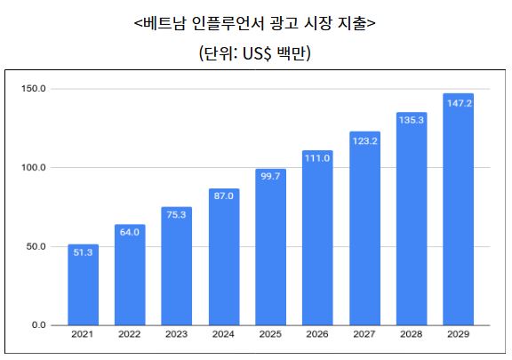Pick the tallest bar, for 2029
tap(458, 209)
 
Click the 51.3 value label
tap(83, 252)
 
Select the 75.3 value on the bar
tap(176, 214)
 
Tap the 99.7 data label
tap(270, 176)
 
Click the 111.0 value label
tap(317, 158)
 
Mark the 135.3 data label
tap(412, 120)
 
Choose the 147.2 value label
tap(458, 102)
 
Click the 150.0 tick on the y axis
tap(35, 89)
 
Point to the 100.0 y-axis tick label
tap(35, 167)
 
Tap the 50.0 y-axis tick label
tap(36, 246)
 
